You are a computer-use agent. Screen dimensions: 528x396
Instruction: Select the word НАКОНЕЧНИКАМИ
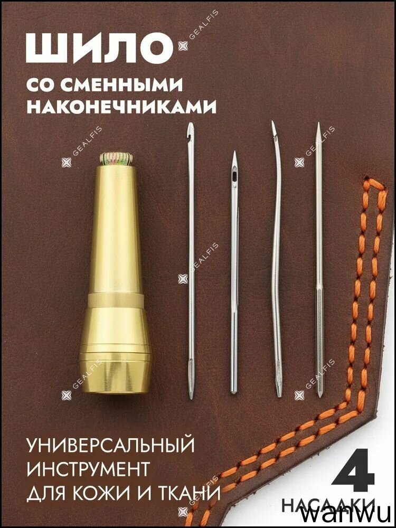pos(121,107)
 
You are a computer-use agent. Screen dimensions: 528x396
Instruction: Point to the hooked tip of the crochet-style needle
pos(191,127)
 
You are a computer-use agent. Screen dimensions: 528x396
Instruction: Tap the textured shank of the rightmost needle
pos(319,343)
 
